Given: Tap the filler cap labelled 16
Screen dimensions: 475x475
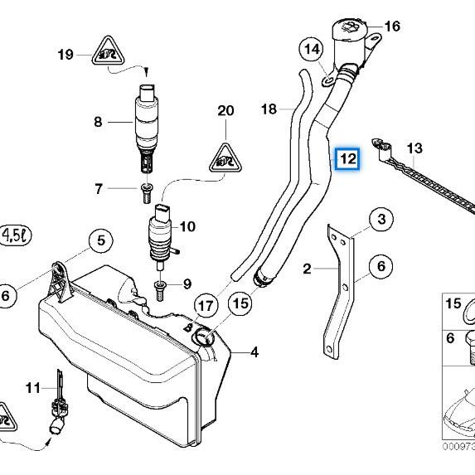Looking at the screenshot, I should [353, 37].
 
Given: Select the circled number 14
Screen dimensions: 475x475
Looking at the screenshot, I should [312, 50].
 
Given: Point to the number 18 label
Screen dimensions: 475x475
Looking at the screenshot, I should [269, 109].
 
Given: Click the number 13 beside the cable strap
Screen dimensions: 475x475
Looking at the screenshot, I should [414, 148].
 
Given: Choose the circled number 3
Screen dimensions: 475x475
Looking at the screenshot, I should [380, 220].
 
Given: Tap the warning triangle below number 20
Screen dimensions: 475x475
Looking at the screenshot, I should [225, 156].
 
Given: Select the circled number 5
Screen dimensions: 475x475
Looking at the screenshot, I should [100, 241].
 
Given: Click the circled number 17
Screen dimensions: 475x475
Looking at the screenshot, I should [204, 306].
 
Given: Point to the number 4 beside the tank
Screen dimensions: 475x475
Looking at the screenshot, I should [254, 352].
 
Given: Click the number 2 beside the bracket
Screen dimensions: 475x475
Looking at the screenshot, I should [307, 269].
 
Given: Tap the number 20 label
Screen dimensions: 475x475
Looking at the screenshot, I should [225, 110].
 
